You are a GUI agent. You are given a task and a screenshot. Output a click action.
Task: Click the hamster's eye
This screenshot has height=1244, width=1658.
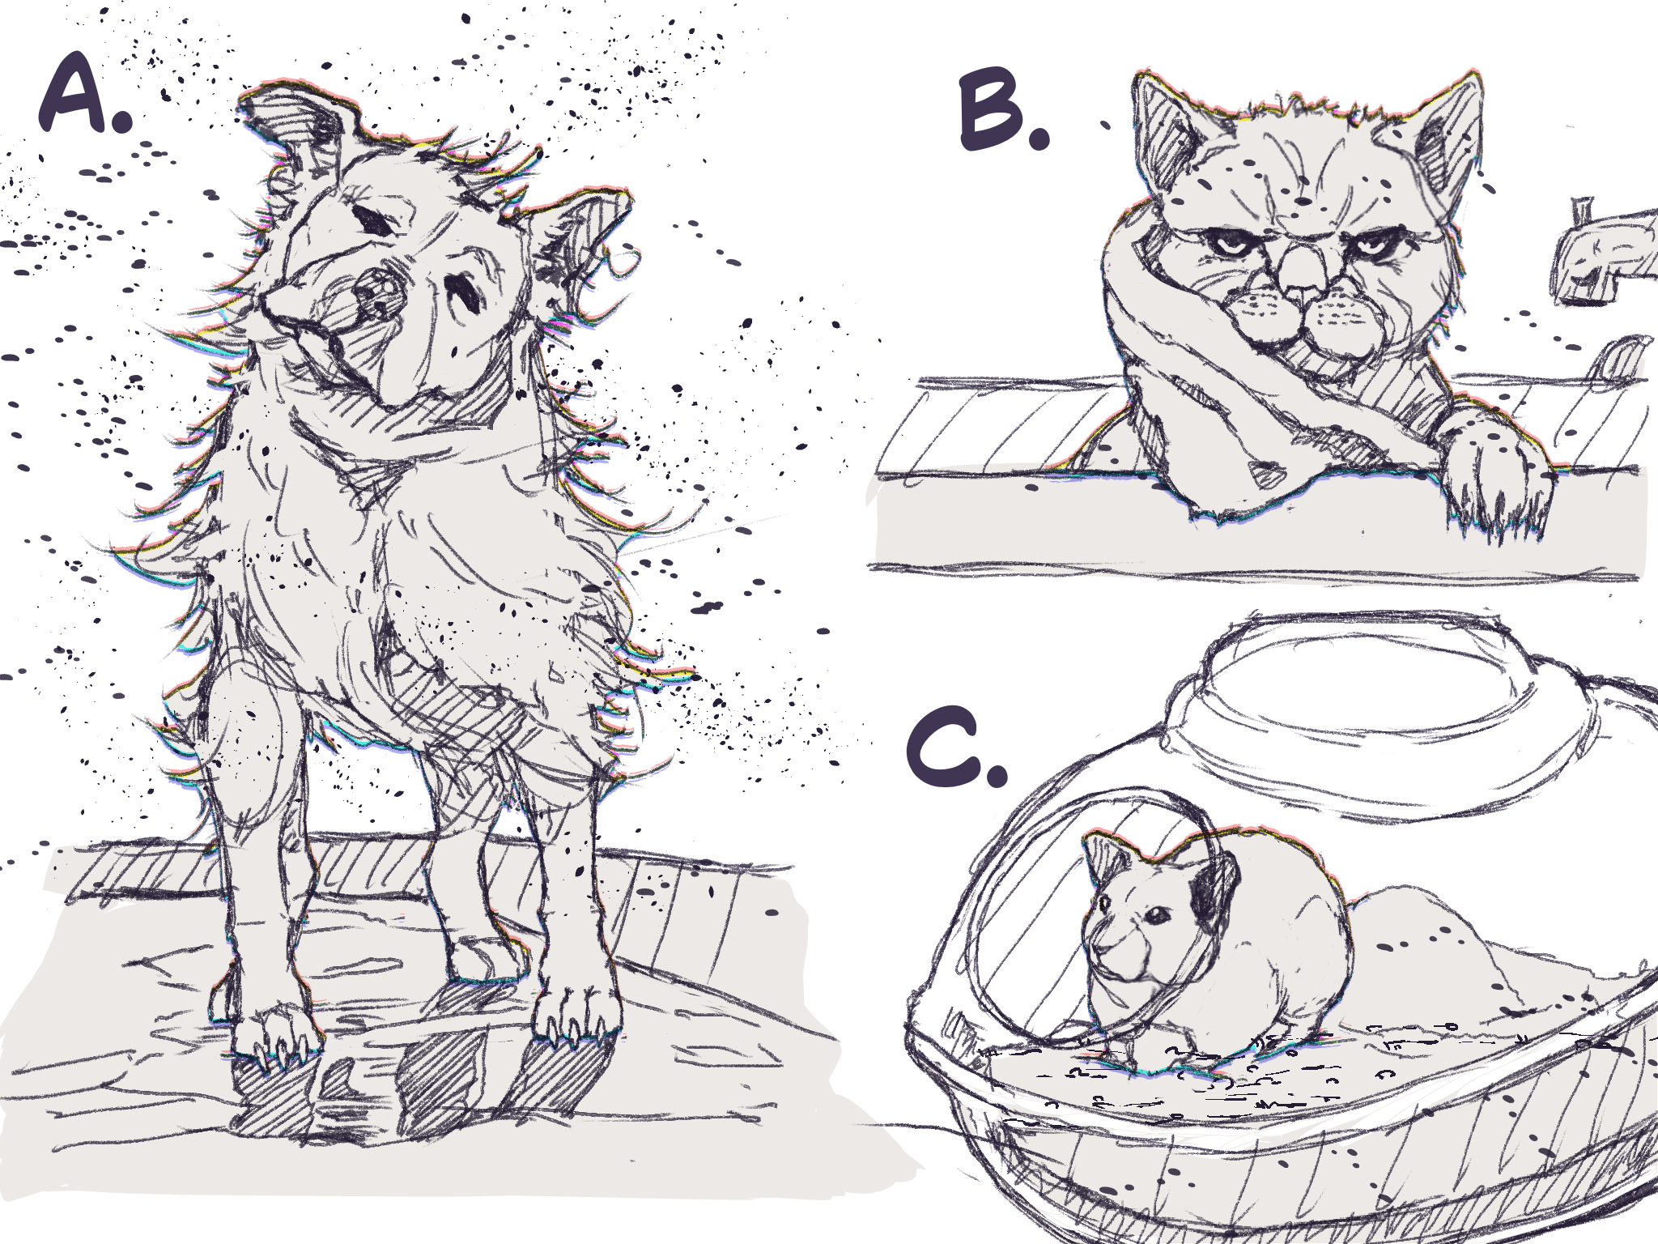pyautogui.click(x=1154, y=915)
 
